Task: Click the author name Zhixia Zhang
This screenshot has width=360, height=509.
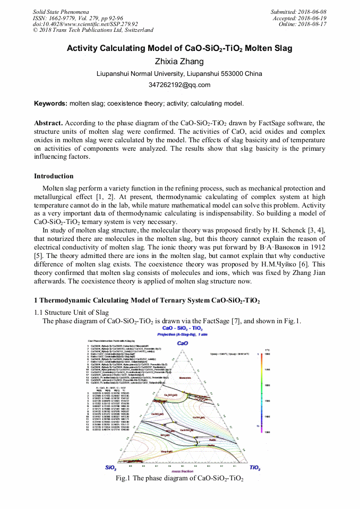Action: pos(179,62)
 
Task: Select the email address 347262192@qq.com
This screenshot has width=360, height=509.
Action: pos(179,84)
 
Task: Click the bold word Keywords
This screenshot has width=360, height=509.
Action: pos(50,103)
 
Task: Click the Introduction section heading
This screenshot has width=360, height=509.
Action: pos(54,176)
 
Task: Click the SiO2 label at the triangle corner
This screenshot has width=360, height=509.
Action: pos(111,468)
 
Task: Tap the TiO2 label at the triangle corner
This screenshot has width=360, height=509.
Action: pos(255,468)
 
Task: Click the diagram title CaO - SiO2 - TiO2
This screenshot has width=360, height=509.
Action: pos(181,329)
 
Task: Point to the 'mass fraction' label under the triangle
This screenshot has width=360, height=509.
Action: pos(182,471)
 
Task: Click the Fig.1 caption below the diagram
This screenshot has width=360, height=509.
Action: pos(179,479)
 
